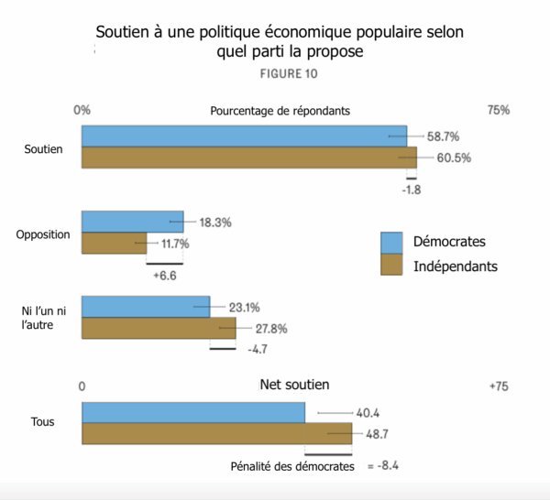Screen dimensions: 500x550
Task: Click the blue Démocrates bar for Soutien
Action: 244,136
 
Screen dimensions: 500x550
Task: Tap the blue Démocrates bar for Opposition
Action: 132,222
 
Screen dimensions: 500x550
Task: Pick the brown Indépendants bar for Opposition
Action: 114,243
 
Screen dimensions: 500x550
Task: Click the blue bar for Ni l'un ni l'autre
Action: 146,307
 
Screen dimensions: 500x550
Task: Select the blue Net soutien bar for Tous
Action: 193,412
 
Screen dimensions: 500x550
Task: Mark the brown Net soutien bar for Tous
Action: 217,434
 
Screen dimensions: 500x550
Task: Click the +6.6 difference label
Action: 165,275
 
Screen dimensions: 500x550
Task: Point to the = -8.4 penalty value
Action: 383,466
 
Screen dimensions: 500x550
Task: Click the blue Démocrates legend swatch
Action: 392,243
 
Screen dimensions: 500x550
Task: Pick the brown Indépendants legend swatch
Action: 392,266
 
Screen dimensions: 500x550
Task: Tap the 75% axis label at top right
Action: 498,110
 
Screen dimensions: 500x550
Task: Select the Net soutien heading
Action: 294,385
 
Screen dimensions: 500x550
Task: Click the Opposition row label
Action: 43,234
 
